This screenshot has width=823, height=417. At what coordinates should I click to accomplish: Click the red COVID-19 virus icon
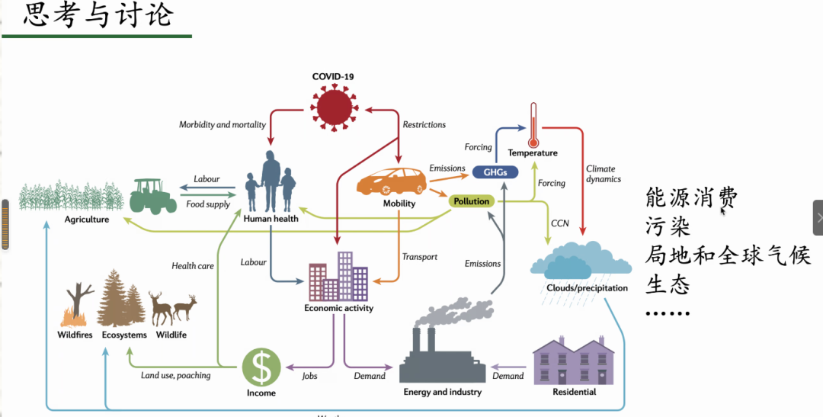click(333, 106)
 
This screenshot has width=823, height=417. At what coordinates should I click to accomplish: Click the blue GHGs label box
click(495, 172)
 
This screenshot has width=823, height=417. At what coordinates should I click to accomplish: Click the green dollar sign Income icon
click(261, 367)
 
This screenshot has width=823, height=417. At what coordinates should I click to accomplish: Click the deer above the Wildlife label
click(172, 307)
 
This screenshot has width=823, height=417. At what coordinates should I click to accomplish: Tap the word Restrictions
click(424, 124)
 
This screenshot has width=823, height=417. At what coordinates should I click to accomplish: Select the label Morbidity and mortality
click(222, 124)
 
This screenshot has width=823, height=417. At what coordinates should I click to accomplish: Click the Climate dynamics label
click(603, 174)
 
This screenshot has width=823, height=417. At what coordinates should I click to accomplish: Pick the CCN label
click(559, 223)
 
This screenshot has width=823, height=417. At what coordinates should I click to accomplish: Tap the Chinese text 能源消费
click(691, 199)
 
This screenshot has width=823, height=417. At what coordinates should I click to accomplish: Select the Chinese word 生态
click(668, 284)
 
